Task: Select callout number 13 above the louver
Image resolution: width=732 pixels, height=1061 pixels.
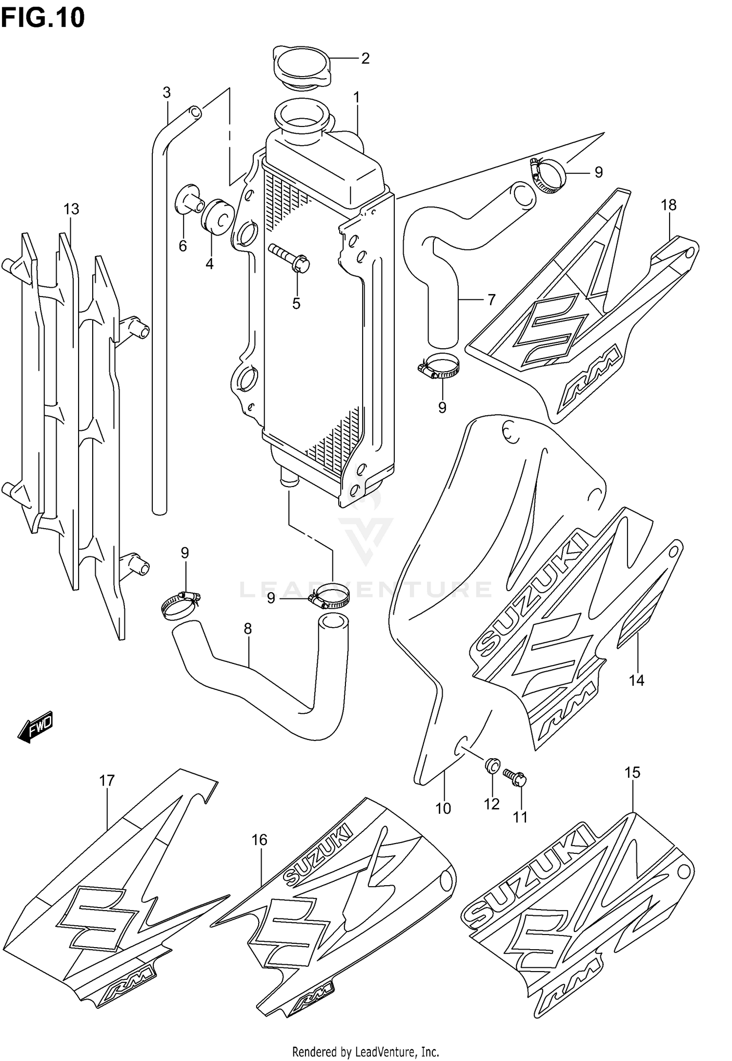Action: click(x=71, y=209)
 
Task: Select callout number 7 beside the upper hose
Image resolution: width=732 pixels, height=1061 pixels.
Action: click(x=490, y=299)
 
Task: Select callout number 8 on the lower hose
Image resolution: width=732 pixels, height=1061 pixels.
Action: click(x=248, y=629)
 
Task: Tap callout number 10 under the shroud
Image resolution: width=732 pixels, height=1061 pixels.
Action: click(x=443, y=808)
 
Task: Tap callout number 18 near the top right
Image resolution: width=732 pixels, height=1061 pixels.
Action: click(x=669, y=205)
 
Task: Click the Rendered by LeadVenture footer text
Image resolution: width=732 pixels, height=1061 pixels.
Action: click(x=366, y=1051)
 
